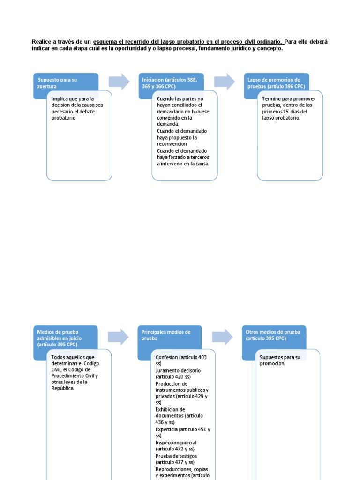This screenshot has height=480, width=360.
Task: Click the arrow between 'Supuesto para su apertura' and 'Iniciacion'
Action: [x=119, y=82]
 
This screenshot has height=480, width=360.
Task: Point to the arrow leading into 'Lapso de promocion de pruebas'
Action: [x=225, y=82]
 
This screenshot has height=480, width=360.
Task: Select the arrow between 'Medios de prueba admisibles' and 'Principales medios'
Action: [x=118, y=337]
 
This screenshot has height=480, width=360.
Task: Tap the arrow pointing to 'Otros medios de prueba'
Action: [x=222, y=337]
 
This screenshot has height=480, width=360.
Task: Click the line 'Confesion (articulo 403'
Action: [x=181, y=357]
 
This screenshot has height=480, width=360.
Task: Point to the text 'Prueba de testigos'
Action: [x=176, y=456]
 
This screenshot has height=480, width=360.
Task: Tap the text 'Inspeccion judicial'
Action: [x=176, y=442]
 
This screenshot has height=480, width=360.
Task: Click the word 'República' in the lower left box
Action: [x=63, y=388]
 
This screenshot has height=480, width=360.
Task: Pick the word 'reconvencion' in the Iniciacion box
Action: [x=172, y=144]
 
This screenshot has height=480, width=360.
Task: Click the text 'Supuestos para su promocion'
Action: [x=280, y=360]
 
